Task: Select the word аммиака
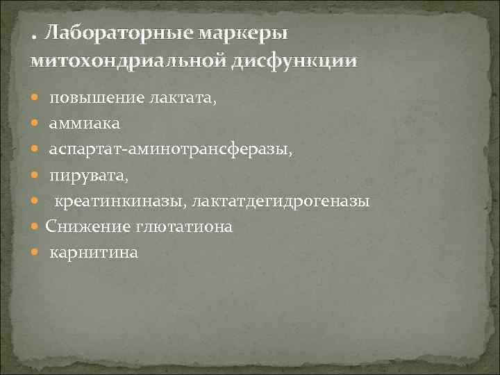(84, 124)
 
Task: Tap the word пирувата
(88, 175)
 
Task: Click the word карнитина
(94, 253)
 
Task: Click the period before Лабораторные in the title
(34, 39)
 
